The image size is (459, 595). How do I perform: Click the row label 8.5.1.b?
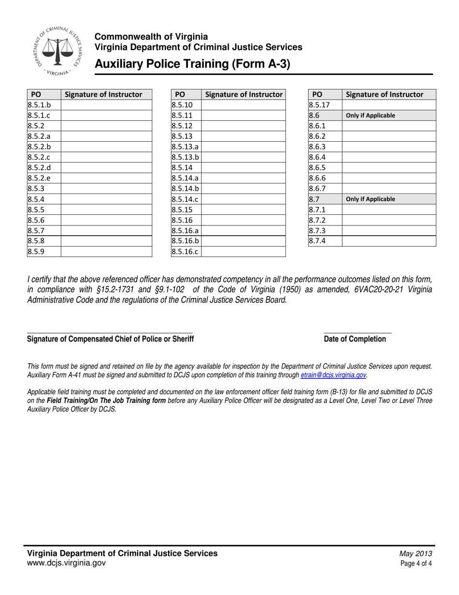(x=39, y=105)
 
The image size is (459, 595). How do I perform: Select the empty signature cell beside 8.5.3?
(x=106, y=189)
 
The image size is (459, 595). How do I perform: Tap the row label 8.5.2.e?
(x=39, y=178)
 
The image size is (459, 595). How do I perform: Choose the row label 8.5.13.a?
(x=185, y=147)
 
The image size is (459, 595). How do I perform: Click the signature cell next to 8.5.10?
(x=243, y=105)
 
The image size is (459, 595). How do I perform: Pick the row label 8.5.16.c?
(x=185, y=252)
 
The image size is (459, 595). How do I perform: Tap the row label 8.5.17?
(x=319, y=105)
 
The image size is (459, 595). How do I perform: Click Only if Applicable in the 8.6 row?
(x=371, y=116)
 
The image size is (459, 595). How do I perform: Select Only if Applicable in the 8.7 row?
(x=371, y=199)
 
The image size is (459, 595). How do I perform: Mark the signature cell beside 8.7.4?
(x=388, y=241)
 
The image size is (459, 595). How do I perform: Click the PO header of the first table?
(x=36, y=94)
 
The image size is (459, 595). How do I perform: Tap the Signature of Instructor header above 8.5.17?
(x=385, y=94)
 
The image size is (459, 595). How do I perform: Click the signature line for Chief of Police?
(x=110, y=332)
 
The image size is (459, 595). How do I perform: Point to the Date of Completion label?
(x=355, y=339)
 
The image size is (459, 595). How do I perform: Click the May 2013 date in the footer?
(x=416, y=554)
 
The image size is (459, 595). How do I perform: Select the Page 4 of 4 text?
(x=416, y=564)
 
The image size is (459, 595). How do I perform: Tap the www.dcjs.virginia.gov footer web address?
(x=66, y=563)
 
